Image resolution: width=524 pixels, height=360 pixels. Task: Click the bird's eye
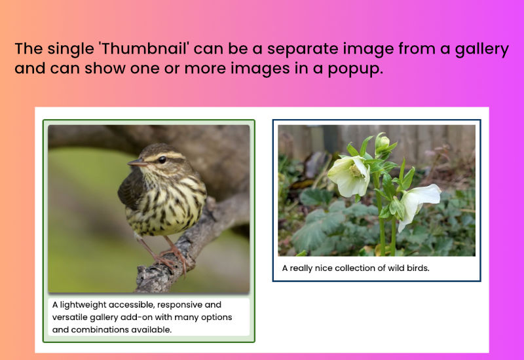tap(162, 160)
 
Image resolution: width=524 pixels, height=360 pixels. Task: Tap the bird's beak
tap(137, 163)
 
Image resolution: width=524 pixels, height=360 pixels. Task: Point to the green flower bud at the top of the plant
tap(383, 143)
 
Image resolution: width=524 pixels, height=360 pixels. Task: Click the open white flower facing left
tap(349, 175)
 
